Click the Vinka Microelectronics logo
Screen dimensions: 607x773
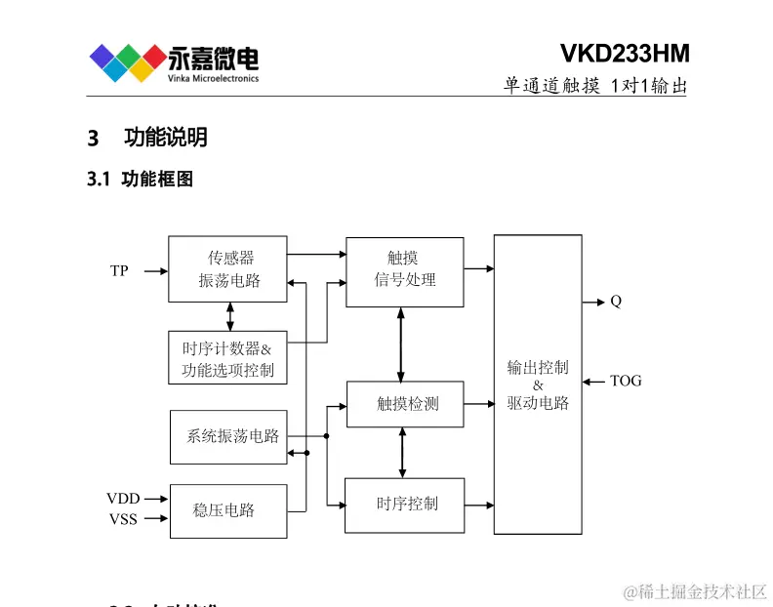[x=174, y=62]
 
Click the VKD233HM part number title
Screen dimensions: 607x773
[x=625, y=53]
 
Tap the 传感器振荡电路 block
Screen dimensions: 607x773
[x=228, y=268]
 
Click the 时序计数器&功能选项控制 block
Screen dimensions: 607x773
[x=227, y=357]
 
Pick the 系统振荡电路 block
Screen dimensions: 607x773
[x=228, y=436]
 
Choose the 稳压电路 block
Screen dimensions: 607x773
[x=228, y=510]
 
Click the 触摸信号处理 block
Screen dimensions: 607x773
[x=404, y=270]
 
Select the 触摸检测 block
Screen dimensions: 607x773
[x=404, y=403]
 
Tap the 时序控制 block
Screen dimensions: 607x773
[x=404, y=504]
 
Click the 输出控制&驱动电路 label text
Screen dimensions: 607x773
[x=538, y=384]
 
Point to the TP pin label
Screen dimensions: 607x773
[x=119, y=271]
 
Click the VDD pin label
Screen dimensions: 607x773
[x=123, y=499]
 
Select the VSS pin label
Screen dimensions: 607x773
[x=123, y=519]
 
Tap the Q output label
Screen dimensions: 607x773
[x=616, y=302]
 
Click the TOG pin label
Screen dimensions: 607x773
[x=626, y=381]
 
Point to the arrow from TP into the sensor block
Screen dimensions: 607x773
[x=154, y=271]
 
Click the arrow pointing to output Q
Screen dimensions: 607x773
[x=592, y=302]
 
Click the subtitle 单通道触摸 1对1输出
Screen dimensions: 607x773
[x=595, y=86]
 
